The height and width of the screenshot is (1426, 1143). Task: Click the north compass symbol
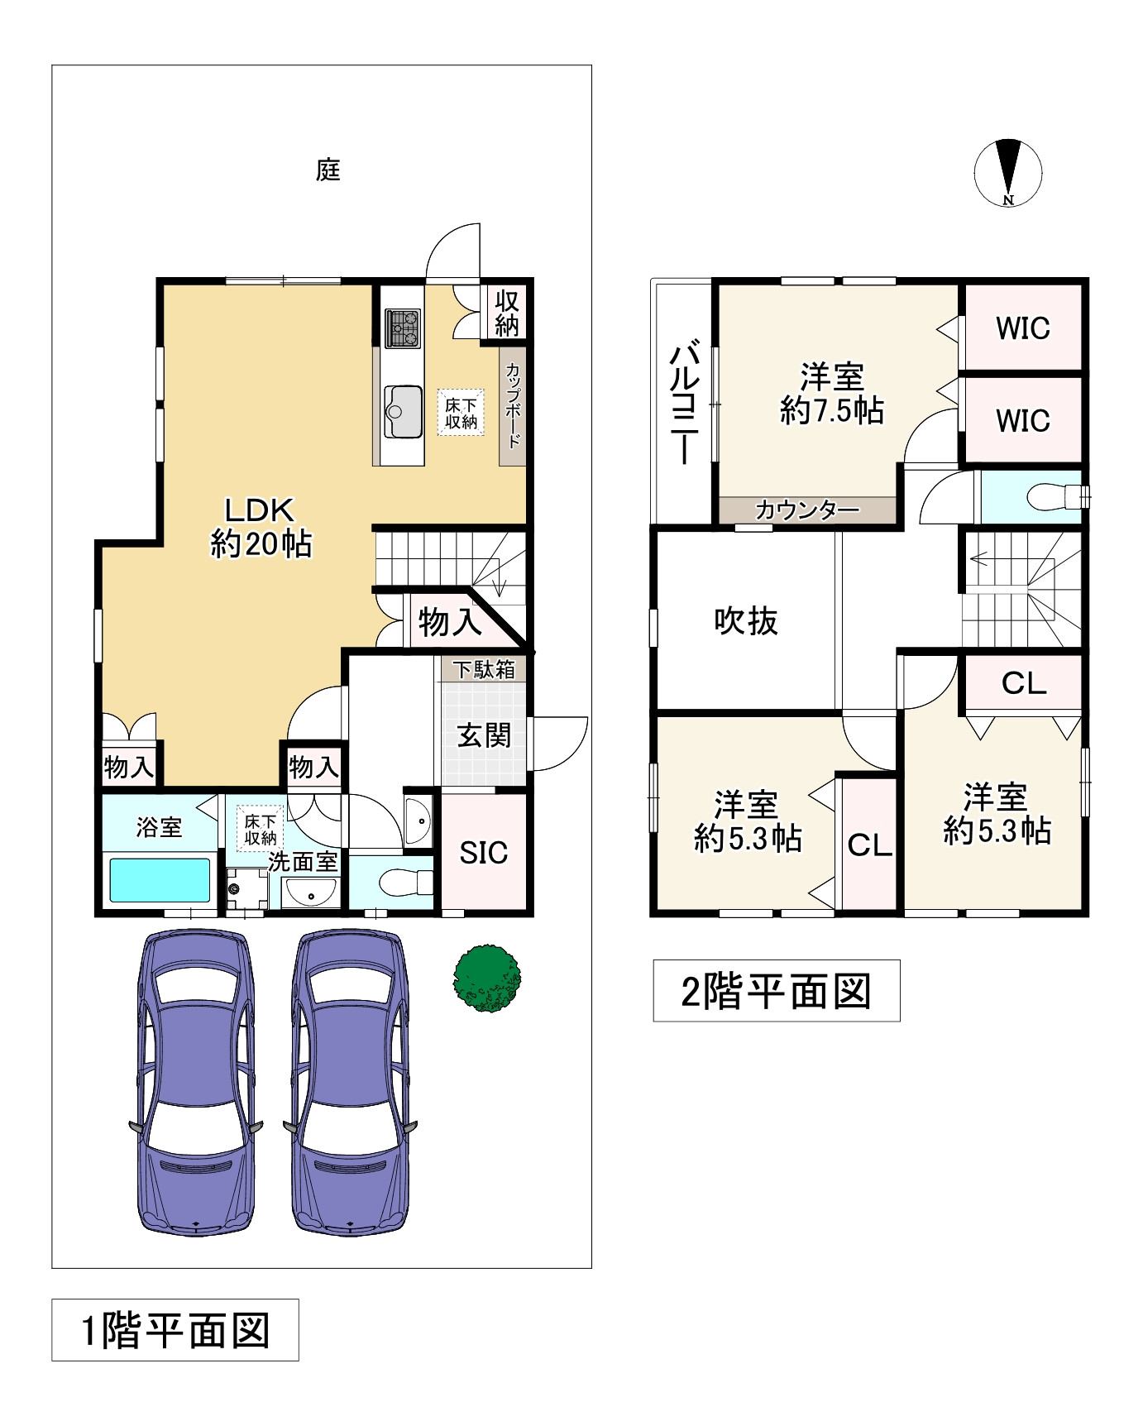pos(1008,173)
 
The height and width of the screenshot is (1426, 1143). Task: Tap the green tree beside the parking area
pos(487,979)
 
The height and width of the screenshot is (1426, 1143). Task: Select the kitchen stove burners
pos(403,328)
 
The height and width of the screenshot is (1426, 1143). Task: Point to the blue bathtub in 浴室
pos(160,880)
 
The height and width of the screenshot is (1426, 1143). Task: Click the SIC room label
pos(484,853)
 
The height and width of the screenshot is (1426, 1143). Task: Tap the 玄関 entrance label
pos(485,735)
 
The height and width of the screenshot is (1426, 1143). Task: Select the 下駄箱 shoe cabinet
pos(483,669)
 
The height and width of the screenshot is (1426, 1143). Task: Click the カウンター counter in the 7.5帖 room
pos(807,510)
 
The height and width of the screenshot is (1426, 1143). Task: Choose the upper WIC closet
pos(1023,328)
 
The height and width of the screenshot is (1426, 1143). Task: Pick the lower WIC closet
pos(1023,420)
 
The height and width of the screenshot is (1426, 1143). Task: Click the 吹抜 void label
pos(746,620)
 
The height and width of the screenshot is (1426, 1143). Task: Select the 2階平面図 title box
pos(777,991)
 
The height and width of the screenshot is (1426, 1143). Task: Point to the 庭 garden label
pos(328,170)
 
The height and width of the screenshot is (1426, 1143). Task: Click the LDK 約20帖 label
pos(261,527)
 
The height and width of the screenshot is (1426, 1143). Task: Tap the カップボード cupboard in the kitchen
pos(513,405)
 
